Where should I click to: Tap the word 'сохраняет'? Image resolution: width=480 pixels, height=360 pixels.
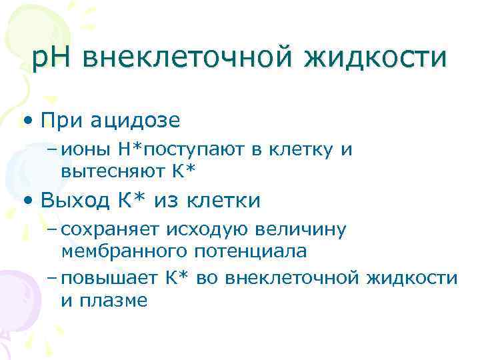pyautogui.click(x=109, y=230)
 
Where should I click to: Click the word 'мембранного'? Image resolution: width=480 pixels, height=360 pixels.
pyautogui.click(x=123, y=251)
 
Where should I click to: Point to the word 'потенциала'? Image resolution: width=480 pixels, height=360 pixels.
pyautogui.click(x=250, y=251)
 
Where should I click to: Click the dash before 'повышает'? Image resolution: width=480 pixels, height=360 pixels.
pyautogui.click(x=53, y=277)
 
